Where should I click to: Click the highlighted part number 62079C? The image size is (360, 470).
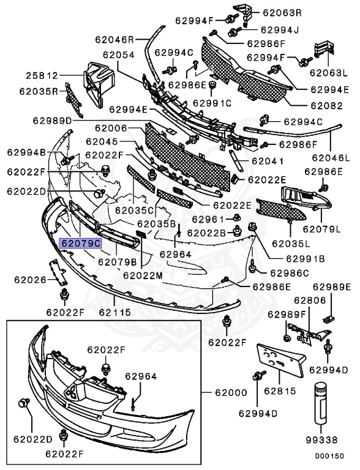tap(80, 242)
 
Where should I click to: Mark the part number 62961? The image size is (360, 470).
tap(208, 218)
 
